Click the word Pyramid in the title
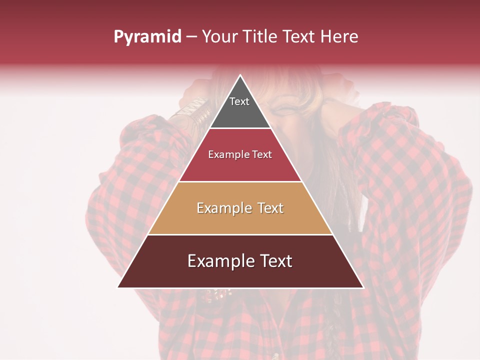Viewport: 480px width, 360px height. click(147, 36)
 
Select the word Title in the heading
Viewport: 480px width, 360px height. click(259, 36)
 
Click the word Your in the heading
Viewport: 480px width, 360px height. click(220, 36)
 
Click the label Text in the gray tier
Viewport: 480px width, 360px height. click(239, 101)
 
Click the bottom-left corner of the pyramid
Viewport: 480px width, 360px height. click(118, 287)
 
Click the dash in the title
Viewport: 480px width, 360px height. click(191, 36)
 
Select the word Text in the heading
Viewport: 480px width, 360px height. click(299, 36)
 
